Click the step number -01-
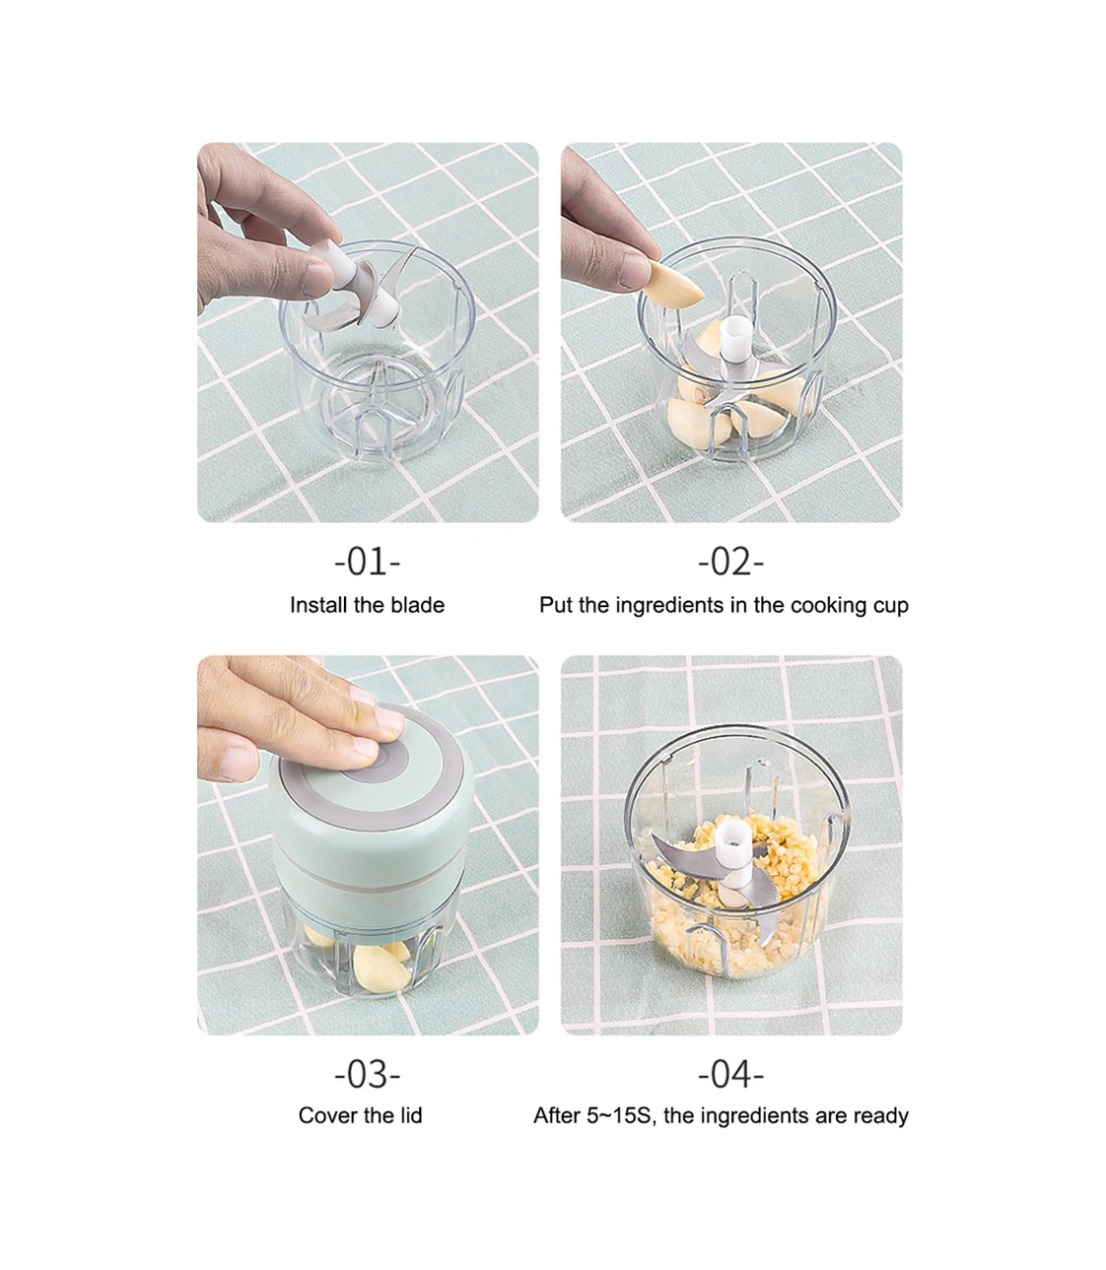[367, 562]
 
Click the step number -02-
[730, 562]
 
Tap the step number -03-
[367, 1075]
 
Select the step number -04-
[730, 1075]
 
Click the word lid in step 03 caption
[410, 1115]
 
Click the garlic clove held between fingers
[674, 283]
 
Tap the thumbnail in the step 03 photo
[238, 764]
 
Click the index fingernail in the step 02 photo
[635, 271]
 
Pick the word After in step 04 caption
[556, 1115]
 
